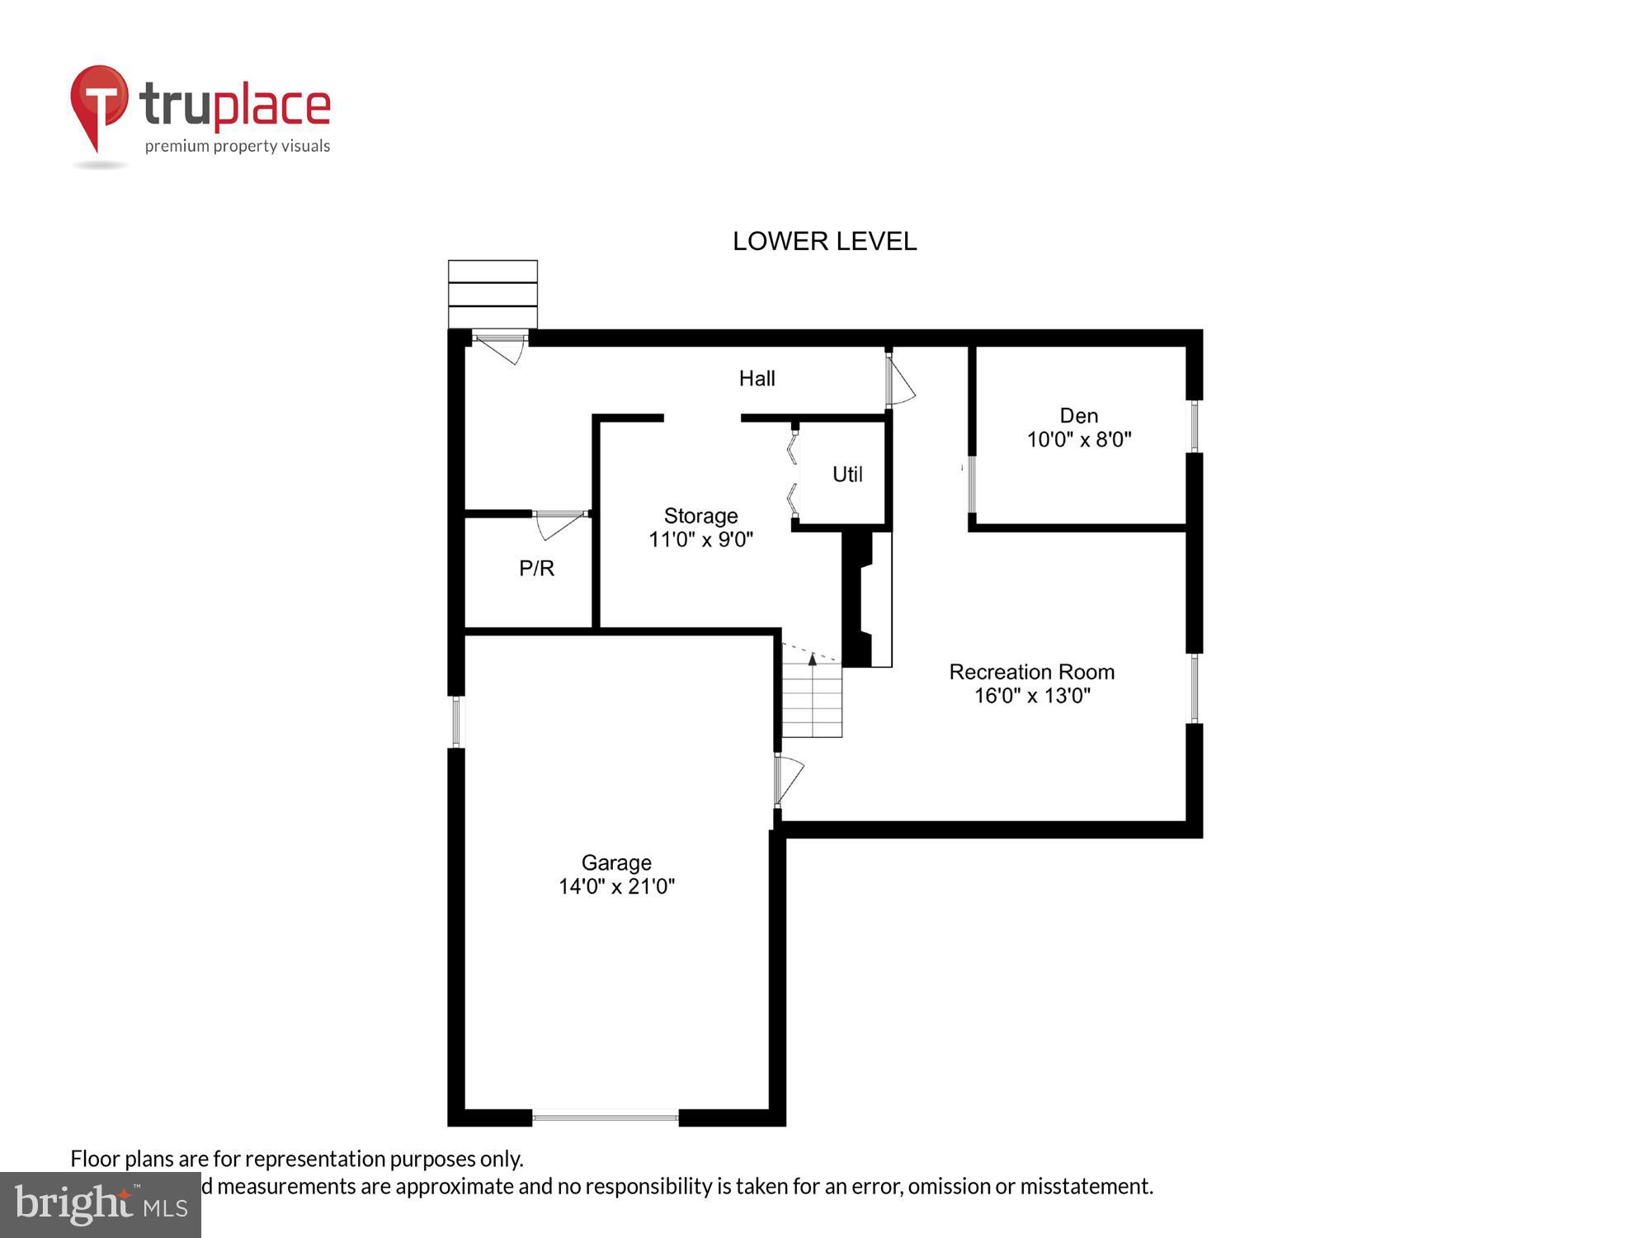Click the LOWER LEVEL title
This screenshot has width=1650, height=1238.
pos(824,241)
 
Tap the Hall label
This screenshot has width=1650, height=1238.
pos(757,378)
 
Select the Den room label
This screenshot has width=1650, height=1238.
pos(1078,415)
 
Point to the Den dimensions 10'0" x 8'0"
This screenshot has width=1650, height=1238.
pos(1078,439)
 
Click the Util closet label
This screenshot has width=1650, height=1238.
pos(847,475)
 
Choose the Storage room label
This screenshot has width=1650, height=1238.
pos(700,516)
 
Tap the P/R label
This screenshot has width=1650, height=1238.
pos(536,568)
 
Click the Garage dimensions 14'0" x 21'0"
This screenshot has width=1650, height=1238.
pos(616,886)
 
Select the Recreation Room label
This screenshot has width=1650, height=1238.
pos(1031,672)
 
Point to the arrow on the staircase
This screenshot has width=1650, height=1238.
pos(813,659)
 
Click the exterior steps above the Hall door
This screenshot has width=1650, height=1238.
pos(493,294)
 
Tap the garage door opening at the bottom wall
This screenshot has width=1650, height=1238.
pos(605,1118)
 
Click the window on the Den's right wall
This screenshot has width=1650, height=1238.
pos(1194,426)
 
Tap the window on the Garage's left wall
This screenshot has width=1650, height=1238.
pos(456,722)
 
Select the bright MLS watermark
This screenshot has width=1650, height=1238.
pos(101,1205)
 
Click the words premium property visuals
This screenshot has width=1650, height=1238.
pos(237,146)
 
